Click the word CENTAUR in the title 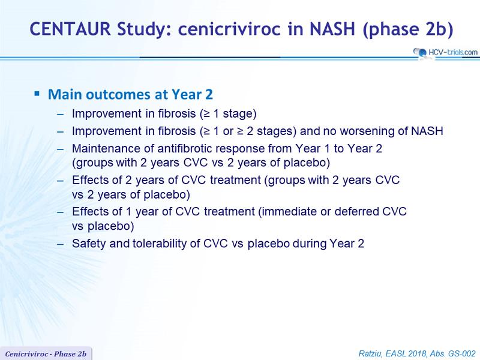[70, 29]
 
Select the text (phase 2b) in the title [408, 29]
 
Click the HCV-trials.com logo [445, 53]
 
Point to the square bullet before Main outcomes [37, 94]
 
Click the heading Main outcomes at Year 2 [130, 94]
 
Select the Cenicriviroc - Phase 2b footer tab [46, 354]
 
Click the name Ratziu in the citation [370, 354]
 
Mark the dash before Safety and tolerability [61, 244]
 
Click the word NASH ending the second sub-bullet [427, 131]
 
